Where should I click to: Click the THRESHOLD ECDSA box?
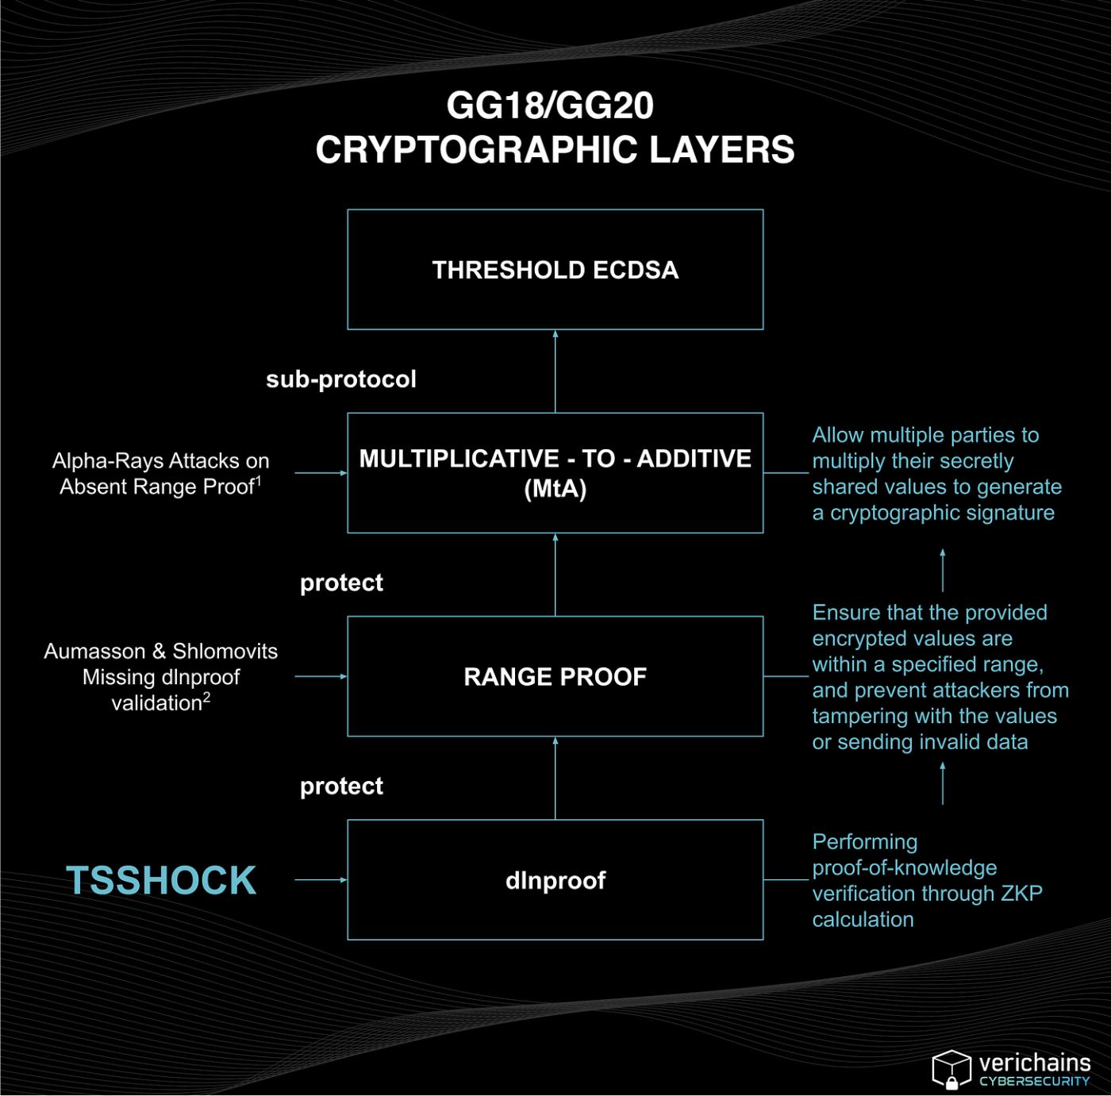[x=555, y=270]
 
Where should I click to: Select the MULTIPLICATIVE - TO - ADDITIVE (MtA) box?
[x=555, y=473]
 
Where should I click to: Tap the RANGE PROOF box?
[x=555, y=676]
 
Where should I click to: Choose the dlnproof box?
[x=555, y=879]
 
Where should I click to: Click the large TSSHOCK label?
[x=161, y=880]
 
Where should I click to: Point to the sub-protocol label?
[x=341, y=379]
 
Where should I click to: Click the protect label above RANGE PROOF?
[x=341, y=583]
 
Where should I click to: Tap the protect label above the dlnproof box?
[x=341, y=786]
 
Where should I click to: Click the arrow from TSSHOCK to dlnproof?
[x=321, y=879]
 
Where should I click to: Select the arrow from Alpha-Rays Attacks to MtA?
[x=321, y=473]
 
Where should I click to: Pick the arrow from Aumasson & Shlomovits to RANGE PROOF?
[x=321, y=676]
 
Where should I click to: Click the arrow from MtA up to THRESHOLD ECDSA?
[x=555, y=371]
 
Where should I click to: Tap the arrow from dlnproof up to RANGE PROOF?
[x=555, y=778]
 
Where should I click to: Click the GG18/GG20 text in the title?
[x=550, y=106]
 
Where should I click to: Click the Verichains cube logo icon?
[x=951, y=1068]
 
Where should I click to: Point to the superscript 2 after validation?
[x=207, y=697]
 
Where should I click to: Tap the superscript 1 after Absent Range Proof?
[x=259, y=480]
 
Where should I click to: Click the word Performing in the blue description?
[x=865, y=841]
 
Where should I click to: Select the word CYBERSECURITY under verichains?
[x=1035, y=1081]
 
